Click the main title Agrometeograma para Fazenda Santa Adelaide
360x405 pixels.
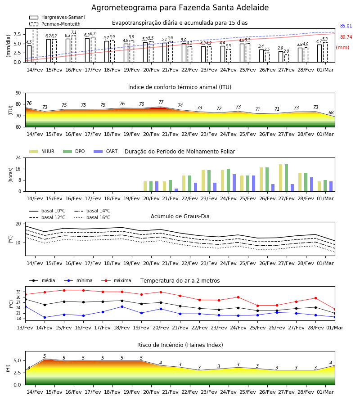(180, 8)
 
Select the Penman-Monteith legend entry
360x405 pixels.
(55, 24)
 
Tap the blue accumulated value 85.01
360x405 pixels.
(346, 26)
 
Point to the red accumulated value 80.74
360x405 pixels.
(346, 37)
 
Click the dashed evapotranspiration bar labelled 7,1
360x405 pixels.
(74, 49)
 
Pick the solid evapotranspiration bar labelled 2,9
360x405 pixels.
(281, 57)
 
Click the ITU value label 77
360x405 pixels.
(161, 102)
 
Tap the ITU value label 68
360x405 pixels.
(331, 112)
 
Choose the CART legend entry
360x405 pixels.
(106, 151)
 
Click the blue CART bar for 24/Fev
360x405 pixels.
(234, 183)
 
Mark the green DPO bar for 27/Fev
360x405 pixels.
(286, 178)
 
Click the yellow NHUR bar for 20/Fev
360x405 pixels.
(145, 186)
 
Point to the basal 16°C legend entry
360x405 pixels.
(92, 217)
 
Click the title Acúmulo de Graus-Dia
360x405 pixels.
(180, 216)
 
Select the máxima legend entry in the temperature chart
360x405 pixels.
(117, 280)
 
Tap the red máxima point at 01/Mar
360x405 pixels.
(335, 309)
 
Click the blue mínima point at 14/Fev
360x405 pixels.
(45, 317)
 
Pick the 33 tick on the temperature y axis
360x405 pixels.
(18, 292)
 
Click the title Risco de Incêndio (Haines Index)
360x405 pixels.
(180, 345)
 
